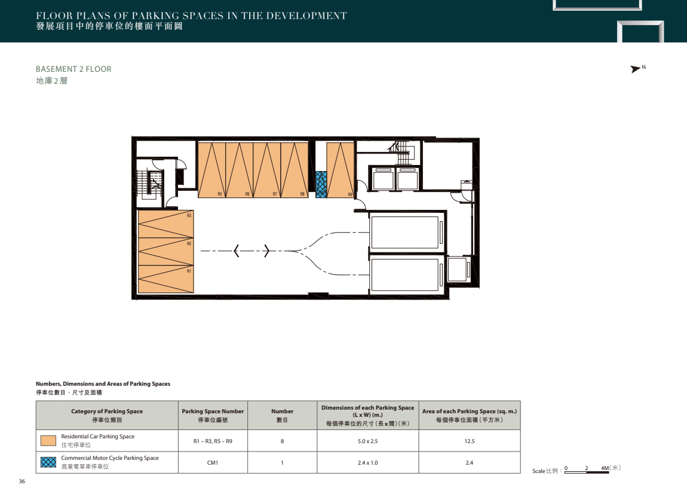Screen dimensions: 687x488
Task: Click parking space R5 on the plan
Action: pyautogui.click(x=211, y=170)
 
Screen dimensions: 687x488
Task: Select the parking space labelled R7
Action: pyautogui.click(x=267, y=170)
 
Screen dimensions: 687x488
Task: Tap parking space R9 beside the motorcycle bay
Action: pyautogui.click(x=341, y=170)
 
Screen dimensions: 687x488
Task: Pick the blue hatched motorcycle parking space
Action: pyautogui.click(x=321, y=184)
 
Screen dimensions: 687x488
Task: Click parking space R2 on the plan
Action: pyautogui.click(x=165, y=252)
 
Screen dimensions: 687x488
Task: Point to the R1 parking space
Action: pyautogui.click(x=165, y=279)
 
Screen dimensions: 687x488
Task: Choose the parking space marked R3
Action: pyautogui.click(x=165, y=224)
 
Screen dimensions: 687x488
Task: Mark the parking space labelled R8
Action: pyautogui.click(x=295, y=170)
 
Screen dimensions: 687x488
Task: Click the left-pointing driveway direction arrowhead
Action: pyautogui.click(x=237, y=251)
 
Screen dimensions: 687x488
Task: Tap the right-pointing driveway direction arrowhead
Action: pyautogui.click(x=266, y=251)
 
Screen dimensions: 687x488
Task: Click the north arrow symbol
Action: pyautogui.click(x=635, y=69)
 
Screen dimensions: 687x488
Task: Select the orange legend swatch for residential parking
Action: pyautogui.click(x=48, y=441)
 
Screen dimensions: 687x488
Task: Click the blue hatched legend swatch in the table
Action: pyautogui.click(x=48, y=462)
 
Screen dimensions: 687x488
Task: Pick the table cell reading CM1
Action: pyautogui.click(x=213, y=462)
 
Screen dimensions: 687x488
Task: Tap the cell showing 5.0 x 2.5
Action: pyautogui.click(x=367, y=441)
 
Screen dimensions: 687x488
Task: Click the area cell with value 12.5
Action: pyautogui.click(x=469, y=441)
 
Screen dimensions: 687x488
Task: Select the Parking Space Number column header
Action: pyautogui.click(x=213, y=415)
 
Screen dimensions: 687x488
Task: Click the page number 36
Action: pyautogui.click(x=22, y=481)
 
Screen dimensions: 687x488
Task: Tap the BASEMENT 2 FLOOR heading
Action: pyautogui.click(x=73, y=69)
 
